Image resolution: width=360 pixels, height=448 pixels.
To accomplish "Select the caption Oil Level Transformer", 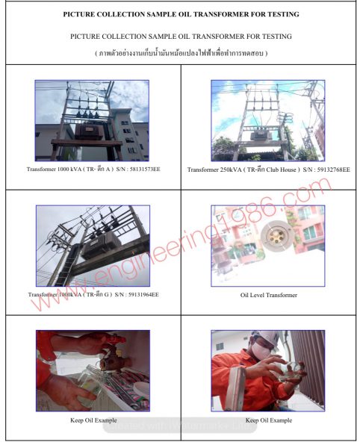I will (x=268, y=295).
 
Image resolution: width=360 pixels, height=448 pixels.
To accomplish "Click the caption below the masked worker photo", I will (x=268, y=420).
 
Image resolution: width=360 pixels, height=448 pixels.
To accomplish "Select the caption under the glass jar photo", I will (x=92, y=420).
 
